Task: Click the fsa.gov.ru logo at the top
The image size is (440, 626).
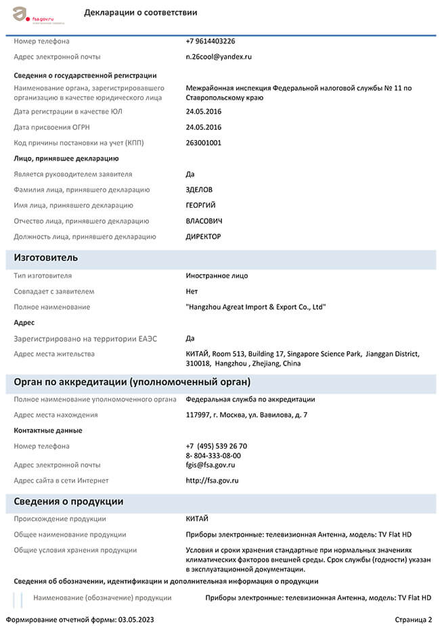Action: point(34,14)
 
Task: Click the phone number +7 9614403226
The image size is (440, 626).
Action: point(211,41)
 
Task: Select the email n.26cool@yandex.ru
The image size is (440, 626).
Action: point(219,57)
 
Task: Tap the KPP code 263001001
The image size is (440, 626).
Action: point(203,143)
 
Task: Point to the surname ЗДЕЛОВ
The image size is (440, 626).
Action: point(200,189)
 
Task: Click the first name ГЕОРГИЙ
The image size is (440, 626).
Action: point(201,205)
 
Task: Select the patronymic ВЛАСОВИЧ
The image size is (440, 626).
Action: point(204,221)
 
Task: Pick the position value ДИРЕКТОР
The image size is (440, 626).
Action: point(203,237)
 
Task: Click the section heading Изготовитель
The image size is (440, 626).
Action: point(46,258)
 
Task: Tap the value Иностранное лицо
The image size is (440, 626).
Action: point(217,275)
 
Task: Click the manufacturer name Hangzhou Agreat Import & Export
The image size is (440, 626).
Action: point(256,307)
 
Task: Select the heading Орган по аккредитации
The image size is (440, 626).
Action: point(132,382)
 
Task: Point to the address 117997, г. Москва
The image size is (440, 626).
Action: point(246,415)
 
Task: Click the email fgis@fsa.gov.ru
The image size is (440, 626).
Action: point(210,465)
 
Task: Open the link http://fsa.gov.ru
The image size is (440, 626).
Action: point(212,480)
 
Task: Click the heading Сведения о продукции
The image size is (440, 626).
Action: point(68,501)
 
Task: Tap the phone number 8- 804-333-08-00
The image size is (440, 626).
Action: point(213,455)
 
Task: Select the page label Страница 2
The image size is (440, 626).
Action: point(413,619)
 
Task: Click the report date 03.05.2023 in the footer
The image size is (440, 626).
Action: point(137,619)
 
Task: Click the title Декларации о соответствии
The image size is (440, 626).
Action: point(141,13)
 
